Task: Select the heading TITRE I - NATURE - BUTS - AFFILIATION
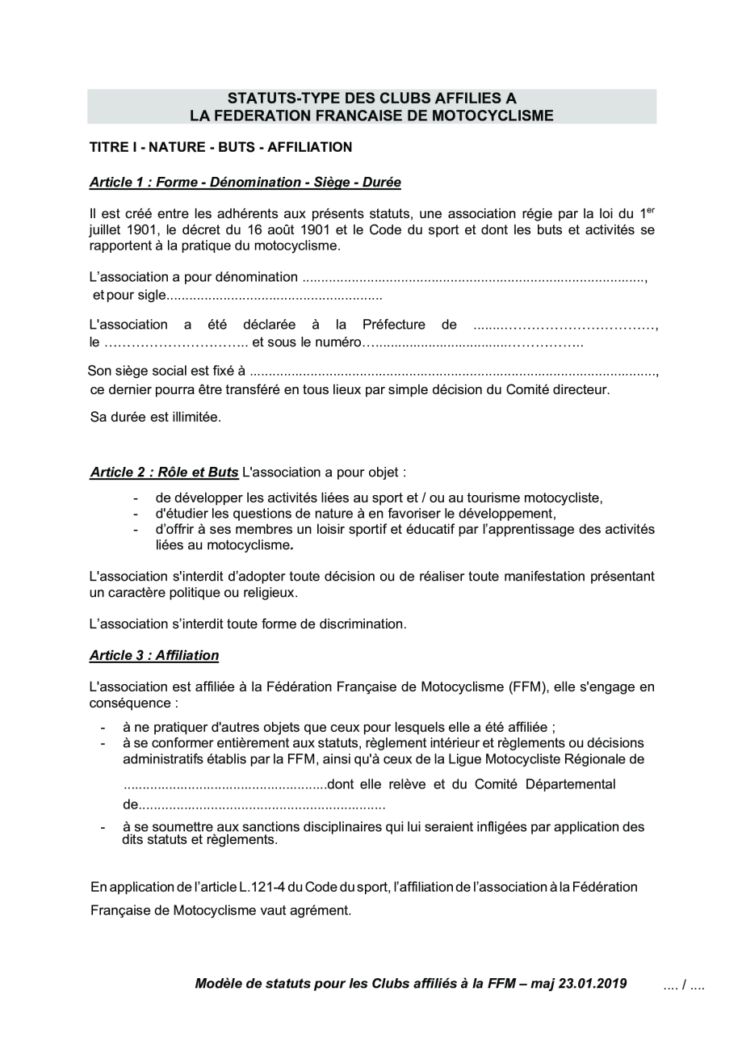(x=220, y=147)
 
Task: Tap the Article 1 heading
(x=245, y=182)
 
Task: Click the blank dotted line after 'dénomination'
(x=474, y=278)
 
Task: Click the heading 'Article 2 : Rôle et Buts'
(x=164, y=472)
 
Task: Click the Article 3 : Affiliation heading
(x=154, y=655)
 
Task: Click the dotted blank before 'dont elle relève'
(x=226, y=784)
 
